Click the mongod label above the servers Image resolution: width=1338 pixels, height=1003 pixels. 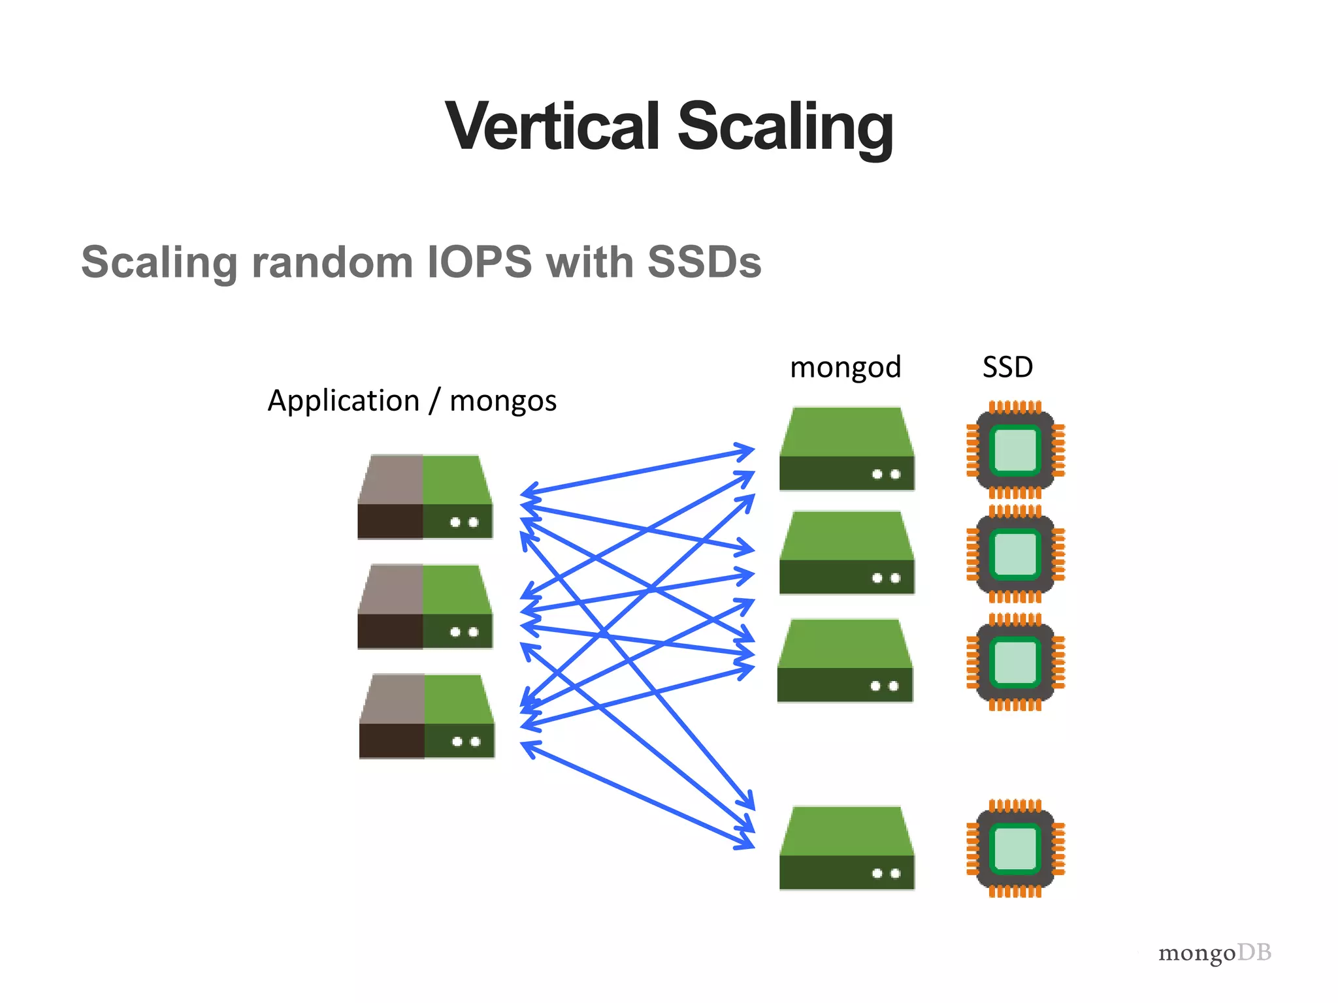click(845, 368)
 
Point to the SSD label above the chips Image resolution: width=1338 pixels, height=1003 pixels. click(1007, 368)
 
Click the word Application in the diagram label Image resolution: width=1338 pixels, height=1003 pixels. click(344, 401)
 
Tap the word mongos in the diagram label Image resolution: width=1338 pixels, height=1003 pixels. click(503, 401)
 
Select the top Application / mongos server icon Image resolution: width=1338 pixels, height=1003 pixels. click(425, 497)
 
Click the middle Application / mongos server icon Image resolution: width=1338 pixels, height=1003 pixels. click(425, 607)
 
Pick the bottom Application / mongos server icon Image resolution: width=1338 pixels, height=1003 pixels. click(427, 716)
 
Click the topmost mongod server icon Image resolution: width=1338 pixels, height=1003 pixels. click(847, 449)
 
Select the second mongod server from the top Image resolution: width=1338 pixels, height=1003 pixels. click(847, 552)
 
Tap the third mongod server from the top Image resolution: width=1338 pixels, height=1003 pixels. click(845, 661)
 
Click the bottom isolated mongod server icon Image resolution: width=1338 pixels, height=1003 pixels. click(847, 848)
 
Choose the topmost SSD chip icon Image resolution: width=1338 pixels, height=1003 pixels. click(1015, 449)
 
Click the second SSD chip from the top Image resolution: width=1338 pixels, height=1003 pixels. click(1015, 554)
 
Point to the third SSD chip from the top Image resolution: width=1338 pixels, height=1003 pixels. click(1015, 662)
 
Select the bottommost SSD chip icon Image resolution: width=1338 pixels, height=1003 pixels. click(1015, 848)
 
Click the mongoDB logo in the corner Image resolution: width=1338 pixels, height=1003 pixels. click(1215, 953)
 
